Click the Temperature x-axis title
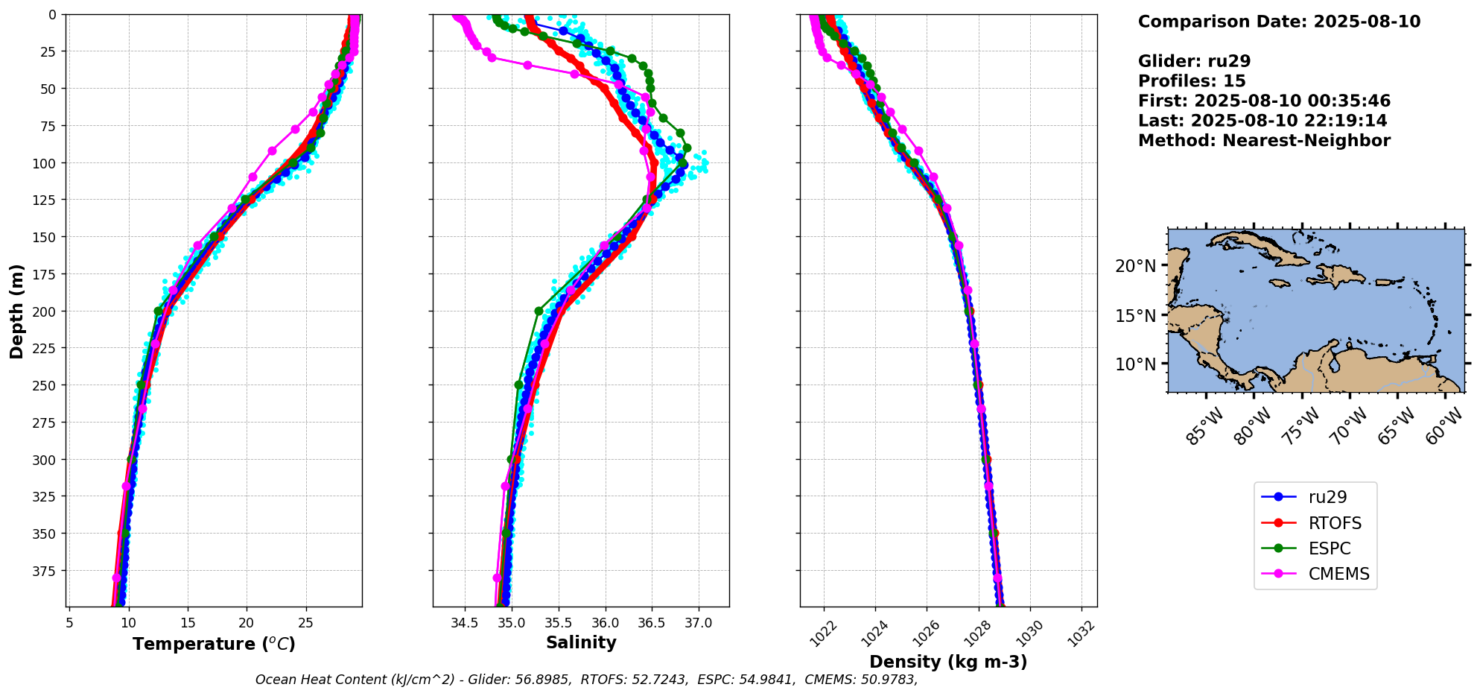pyautogui.click(x=214, y=644)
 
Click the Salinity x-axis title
pyautogui.click(x=581, y=642)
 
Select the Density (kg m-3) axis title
pyautogui.click(x=948, y=662)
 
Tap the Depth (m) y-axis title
pyautogui.click(x=16, y=311)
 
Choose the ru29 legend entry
pyautogui.click(x=1327, y=497)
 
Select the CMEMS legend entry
pyautogui.click(x=1338, y=574)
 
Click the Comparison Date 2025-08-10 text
pyautogui.click(x=1279, y=22)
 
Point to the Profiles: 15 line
pyautogui.click(x=1192, y=81)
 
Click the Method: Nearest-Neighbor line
pyautogui.click(x=1264, y=141)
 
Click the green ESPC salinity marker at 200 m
pyautogui.click(x=539, y=311)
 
